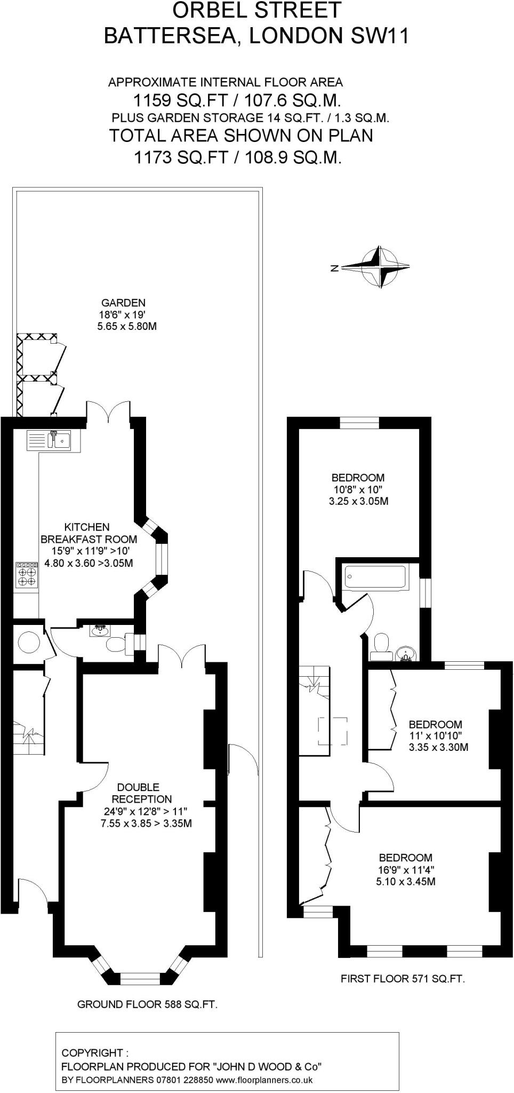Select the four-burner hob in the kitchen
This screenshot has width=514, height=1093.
[27, 575]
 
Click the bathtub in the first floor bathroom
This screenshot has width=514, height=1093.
[376, 576]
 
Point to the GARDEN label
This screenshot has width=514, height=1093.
[123, 303]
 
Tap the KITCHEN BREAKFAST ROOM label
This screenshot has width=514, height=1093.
[89, 533]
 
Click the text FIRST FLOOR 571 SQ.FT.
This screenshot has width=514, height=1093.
[403, 979]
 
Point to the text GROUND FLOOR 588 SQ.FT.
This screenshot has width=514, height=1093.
[147, 1004]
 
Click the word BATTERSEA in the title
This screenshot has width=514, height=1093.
[170, 36]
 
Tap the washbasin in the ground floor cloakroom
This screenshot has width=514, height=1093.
[100, 631]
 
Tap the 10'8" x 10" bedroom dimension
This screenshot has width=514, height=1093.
[358, 489]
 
